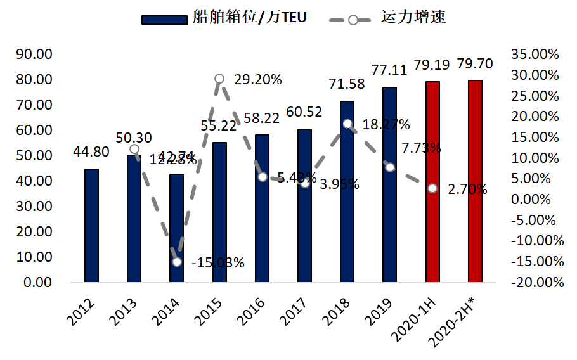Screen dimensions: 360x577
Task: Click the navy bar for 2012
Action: pos(91,225)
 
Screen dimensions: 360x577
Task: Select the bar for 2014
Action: pos(176,228)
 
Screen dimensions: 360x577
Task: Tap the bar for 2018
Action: pos(347,191)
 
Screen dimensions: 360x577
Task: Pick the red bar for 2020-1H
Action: pos(432,182)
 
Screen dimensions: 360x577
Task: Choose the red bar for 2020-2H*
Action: pos(475,181)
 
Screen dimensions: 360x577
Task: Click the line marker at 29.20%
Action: pos(219,79)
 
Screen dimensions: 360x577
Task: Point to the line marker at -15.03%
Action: pos(177,262)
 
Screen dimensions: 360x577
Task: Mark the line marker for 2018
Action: pos(347,124)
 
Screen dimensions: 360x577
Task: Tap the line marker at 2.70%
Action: pos(432,188)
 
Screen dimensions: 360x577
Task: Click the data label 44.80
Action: pos(91,151)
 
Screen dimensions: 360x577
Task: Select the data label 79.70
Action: pos(475,64)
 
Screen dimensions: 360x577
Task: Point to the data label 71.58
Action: pos(347,84)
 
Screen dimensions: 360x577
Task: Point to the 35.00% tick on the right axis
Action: pos(538,55)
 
